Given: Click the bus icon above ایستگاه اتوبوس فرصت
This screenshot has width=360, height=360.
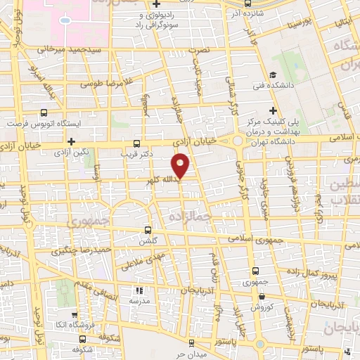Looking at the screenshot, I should coord(45,112).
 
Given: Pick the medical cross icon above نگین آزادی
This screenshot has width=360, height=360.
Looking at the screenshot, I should coord(71,141).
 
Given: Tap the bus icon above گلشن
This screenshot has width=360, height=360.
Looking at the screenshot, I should coord(148,230).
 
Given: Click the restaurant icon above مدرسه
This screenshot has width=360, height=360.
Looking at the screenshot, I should coord(139,290).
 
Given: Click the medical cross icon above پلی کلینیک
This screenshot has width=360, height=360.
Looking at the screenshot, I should coord(274,110).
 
